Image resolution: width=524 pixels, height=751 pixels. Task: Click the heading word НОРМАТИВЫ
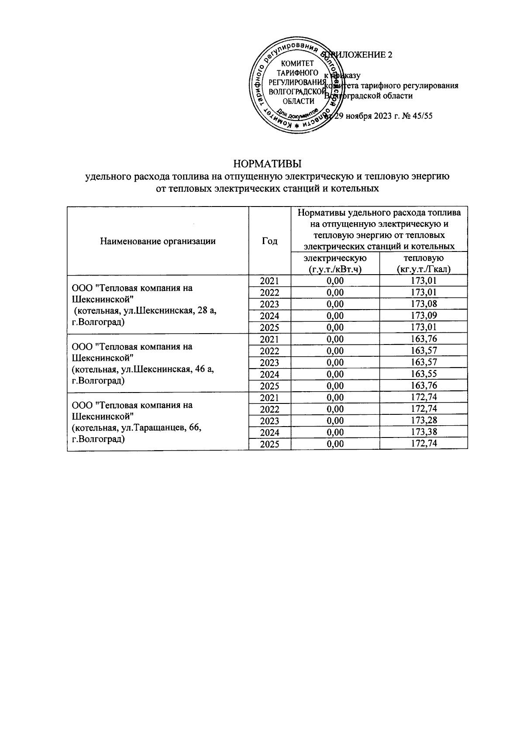268,164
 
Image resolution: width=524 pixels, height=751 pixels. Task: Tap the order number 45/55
422,116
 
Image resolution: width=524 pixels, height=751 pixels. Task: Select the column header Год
269,241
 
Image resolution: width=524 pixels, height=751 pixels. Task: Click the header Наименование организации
158,241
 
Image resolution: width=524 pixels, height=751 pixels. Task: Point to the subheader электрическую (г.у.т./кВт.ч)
335,264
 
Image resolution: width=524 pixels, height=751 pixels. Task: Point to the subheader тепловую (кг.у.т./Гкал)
424,264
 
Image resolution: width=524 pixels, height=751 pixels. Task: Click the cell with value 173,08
424,304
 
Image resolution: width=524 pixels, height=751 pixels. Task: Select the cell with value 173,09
424,316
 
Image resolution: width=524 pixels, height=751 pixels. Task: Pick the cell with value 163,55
424,374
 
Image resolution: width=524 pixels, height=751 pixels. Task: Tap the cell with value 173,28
424,420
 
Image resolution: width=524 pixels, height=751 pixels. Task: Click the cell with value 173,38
424,432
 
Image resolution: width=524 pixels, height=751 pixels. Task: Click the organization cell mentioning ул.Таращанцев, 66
158,422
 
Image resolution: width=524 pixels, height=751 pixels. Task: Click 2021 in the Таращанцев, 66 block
269,397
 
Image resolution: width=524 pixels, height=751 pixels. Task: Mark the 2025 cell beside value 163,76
269,386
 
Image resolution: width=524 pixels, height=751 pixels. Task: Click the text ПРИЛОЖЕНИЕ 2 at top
365,55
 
